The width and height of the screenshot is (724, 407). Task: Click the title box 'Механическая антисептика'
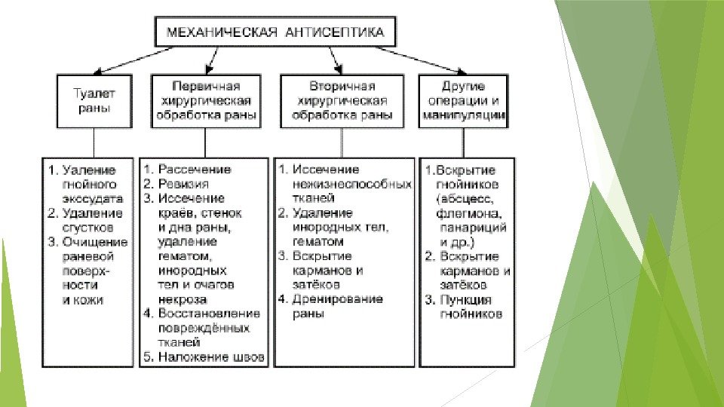click(x=275, y=32)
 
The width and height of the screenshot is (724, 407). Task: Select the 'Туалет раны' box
click(x=94, y=101)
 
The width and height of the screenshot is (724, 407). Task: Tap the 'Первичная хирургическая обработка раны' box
click(x=206, y=101)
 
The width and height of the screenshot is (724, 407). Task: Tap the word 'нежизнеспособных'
click(x=351, y=184)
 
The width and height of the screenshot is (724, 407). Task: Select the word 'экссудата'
click(x=93, y=198)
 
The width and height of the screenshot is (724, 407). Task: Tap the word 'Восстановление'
click(x=209, y=314)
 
